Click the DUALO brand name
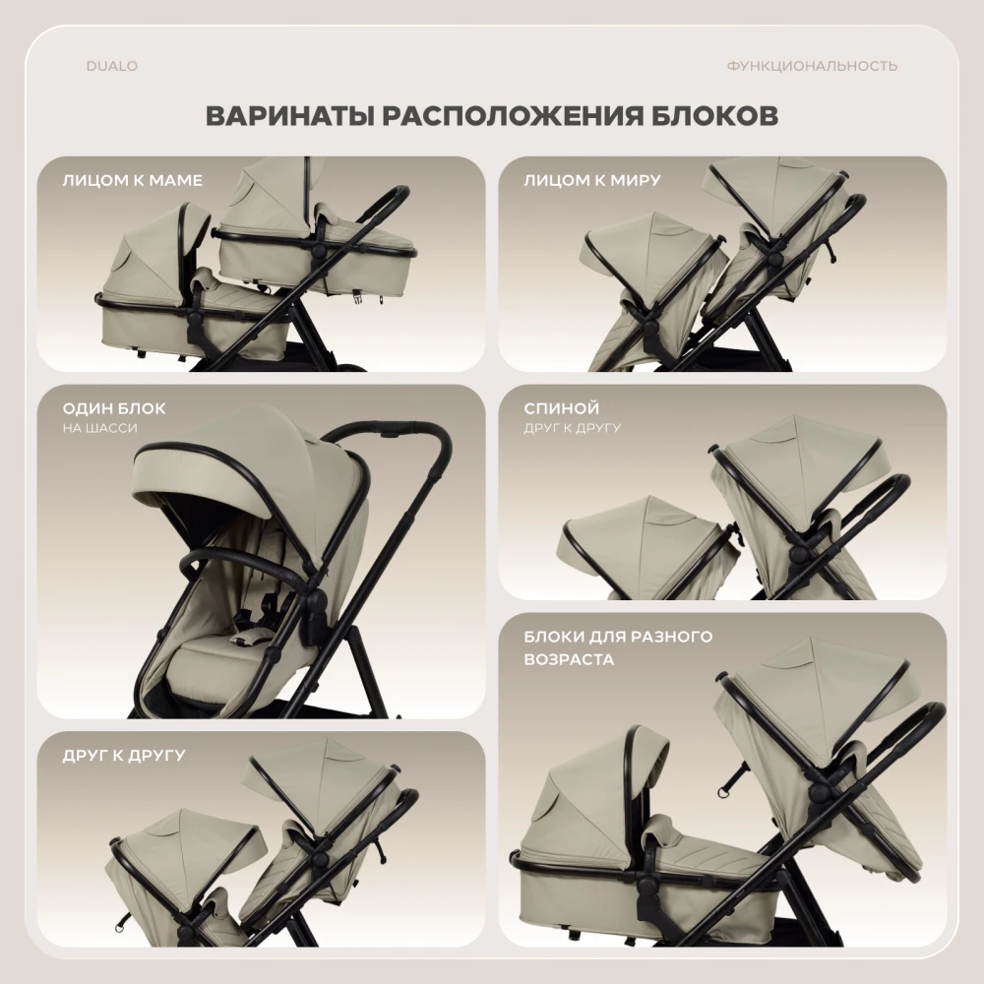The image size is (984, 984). tap(112, 66)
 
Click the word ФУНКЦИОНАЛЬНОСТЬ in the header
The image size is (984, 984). tap(812, 66)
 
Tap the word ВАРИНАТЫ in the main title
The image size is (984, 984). tap(289, 116)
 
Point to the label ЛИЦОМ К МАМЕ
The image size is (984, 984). tap(133, 180)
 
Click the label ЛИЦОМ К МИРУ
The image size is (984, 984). tap(592, 180)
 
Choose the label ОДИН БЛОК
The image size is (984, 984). tap(113, 408)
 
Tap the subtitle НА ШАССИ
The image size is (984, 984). tap(99, 428)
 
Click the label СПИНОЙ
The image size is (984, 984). tap(562, 408)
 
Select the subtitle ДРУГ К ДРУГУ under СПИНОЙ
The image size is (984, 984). tap(573, 428)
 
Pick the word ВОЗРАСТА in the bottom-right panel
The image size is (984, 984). tap(569, 659)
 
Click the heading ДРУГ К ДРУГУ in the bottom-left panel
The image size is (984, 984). tap(124, 756)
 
